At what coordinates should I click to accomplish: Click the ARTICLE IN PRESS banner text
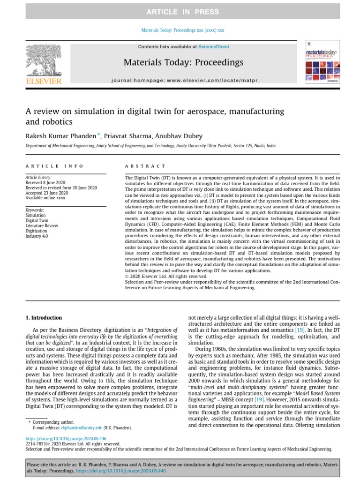[182, 11]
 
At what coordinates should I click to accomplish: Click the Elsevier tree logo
[44, 62]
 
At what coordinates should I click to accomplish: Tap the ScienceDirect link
[211, 47]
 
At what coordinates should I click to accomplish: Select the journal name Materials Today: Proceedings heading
[183, 62]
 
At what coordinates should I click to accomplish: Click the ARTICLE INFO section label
[54, 166]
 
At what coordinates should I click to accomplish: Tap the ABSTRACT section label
[145, 166]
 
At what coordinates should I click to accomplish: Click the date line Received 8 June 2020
[48, 183]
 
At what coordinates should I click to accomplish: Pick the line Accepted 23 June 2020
[46, 193]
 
